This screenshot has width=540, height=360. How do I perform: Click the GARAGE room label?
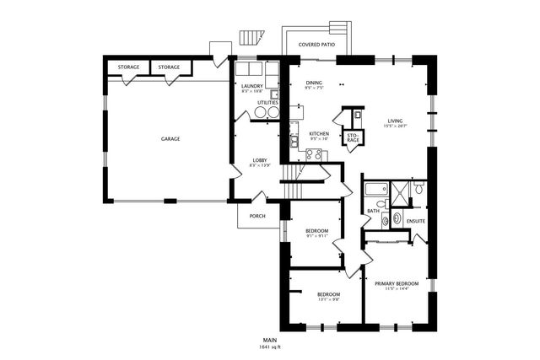[170, 139]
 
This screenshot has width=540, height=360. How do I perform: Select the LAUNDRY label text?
[251, 86]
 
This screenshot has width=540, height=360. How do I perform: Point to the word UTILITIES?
[256, 103]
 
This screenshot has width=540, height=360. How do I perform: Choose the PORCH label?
[256, 216]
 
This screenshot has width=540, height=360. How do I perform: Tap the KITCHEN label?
[318, 134]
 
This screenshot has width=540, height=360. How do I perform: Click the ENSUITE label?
[415, 222]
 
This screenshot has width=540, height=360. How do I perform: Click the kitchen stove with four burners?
[313, 154]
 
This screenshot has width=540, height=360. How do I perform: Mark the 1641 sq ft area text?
[270, 347]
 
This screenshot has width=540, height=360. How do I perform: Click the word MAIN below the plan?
[270, 339]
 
